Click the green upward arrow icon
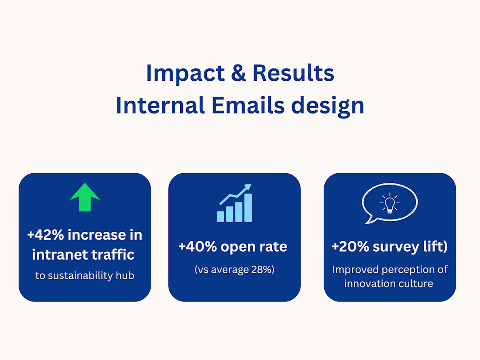[85, 197]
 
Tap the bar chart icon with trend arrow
[234, 203]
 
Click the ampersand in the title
[238, 73]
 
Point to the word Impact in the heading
[185, 73]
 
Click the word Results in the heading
[293, 73]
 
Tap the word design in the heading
[328, 106]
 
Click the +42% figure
[46, 235]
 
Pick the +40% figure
[198, 247]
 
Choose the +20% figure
[350, 247]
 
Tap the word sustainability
[81, 275]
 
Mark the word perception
[407, 270]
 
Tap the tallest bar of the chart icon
[248, 208]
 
